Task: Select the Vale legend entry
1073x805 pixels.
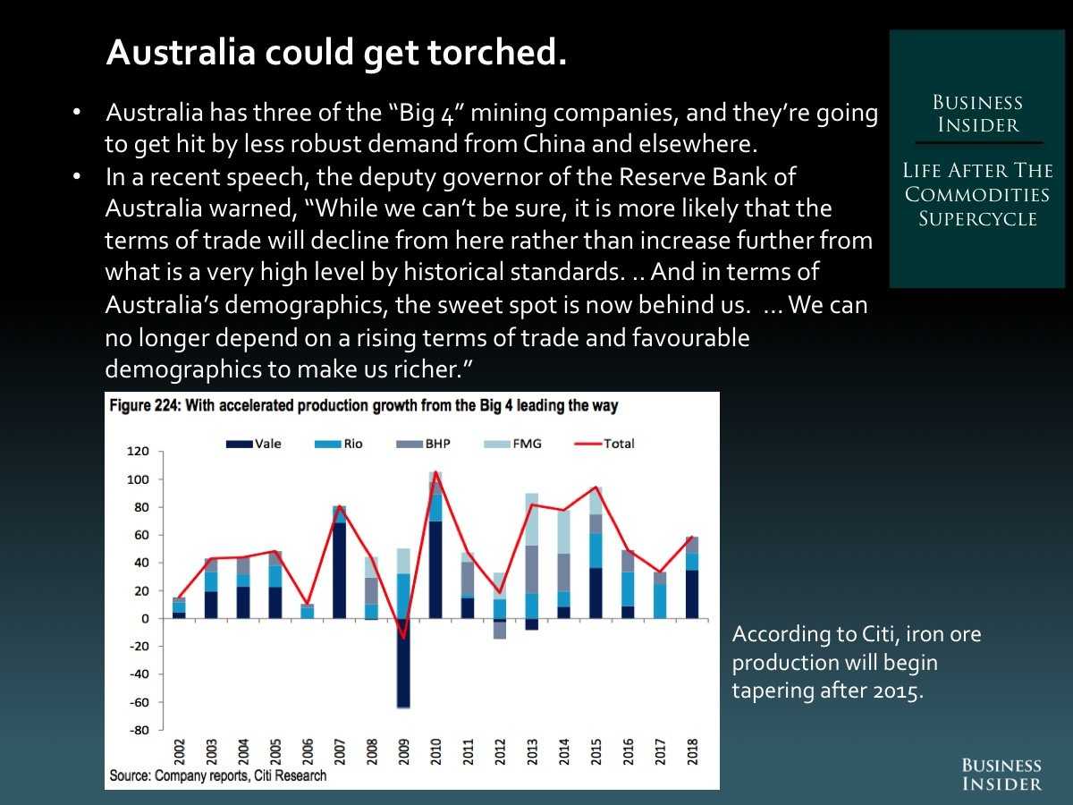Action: (255, 444)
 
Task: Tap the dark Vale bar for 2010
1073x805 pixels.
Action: (435, 569)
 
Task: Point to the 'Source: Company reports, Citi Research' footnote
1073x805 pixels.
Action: (217, 775)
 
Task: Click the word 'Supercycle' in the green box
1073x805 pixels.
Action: (978, 218)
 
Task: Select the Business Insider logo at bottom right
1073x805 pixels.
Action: (1001, 774)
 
